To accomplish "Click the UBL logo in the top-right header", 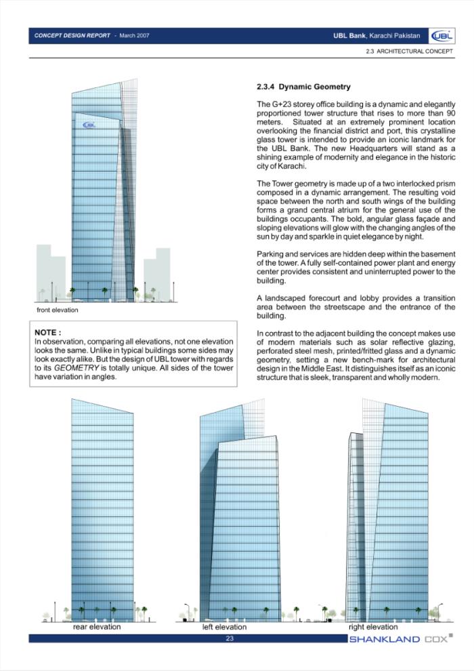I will point(441,36).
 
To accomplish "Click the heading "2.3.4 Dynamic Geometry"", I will point(303,87).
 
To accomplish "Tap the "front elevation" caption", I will point(58,310).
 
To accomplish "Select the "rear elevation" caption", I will point(97,627).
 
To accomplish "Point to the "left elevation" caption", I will point(224,628).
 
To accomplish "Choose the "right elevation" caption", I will point(373,627).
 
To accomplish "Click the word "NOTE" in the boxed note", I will point(47,332).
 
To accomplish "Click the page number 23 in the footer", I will point(230,638).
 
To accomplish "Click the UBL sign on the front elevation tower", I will point(90,125).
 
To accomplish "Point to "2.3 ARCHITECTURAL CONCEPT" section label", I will point(409,52).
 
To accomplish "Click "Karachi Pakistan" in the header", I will point(395,35).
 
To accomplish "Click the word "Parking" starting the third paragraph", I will point(270,253).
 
